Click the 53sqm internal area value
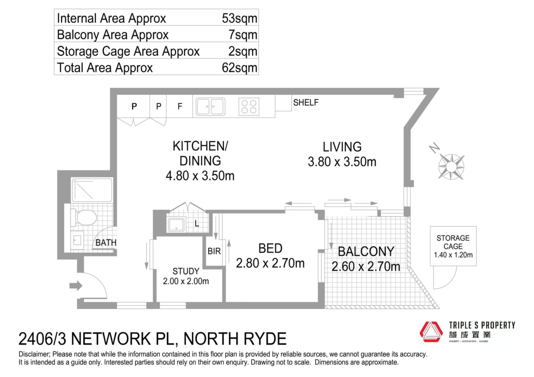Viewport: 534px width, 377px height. point(239,18)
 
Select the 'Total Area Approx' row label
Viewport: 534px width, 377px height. point(105,68)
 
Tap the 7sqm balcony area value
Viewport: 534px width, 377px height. point(243,35)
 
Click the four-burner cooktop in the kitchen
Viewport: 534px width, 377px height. point(249,107)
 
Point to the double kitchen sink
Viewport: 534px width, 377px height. point(210,106)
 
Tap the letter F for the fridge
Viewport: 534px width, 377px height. point(180,106)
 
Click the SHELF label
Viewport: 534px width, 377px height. point(306,103)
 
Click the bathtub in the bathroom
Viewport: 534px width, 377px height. point(92,190)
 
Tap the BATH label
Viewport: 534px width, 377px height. point(106,243)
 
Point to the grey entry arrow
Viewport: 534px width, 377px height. point(76,286)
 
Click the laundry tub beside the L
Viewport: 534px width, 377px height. point(176,225)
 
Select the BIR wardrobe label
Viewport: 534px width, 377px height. point(214,251)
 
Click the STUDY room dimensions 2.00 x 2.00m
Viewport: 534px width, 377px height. point(186,281)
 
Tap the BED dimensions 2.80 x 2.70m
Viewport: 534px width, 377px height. point(270,263)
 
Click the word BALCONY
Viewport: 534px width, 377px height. point(366,252)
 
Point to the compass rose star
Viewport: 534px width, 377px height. point(451,167)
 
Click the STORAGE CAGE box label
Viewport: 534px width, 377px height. point(453,242)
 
